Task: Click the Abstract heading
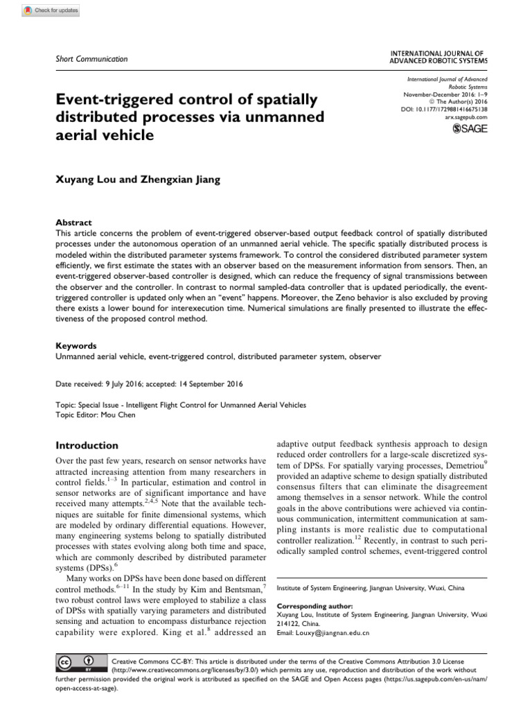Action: tap(73, 223)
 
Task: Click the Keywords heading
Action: tap(76, 345)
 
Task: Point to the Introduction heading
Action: tap(87, 445)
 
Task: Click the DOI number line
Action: tap(444, 110)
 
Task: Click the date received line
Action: tap(149, 383)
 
